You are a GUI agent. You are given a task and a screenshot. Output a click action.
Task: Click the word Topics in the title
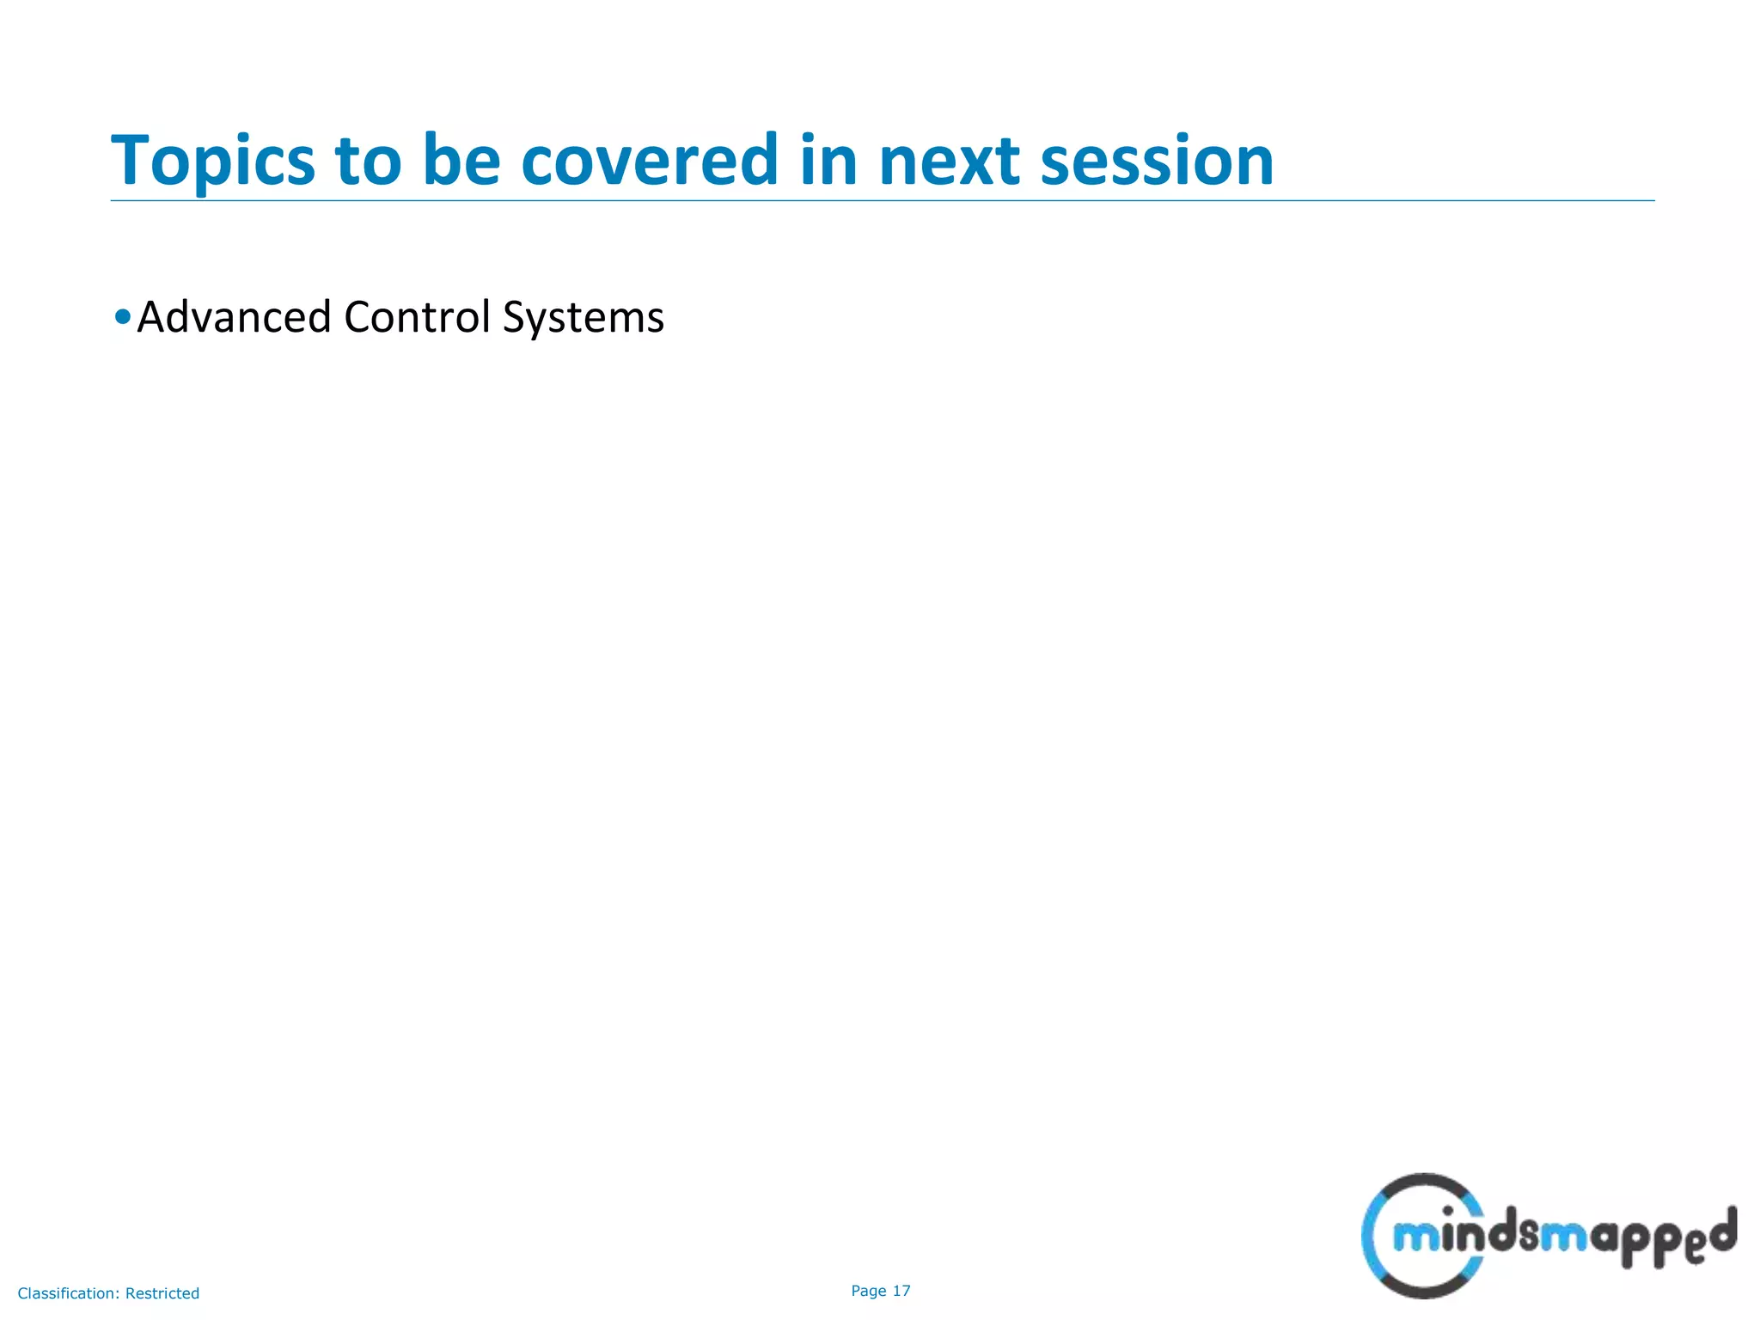click(213, 162)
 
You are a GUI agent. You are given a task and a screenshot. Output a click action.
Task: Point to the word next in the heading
click(948, 162)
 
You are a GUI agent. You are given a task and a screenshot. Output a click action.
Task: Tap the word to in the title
click(368, 162)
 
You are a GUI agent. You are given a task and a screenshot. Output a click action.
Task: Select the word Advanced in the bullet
click(235, 316)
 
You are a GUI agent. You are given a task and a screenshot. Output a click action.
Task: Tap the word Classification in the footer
click(68, 1293)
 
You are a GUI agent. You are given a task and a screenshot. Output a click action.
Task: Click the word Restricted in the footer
click(162, 1293)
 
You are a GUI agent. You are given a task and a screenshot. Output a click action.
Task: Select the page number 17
click(901, 1291)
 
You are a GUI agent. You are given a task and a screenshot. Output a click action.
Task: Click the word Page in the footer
click(869, 1291)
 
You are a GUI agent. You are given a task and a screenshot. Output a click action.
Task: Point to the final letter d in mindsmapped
click(1720, 1231)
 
